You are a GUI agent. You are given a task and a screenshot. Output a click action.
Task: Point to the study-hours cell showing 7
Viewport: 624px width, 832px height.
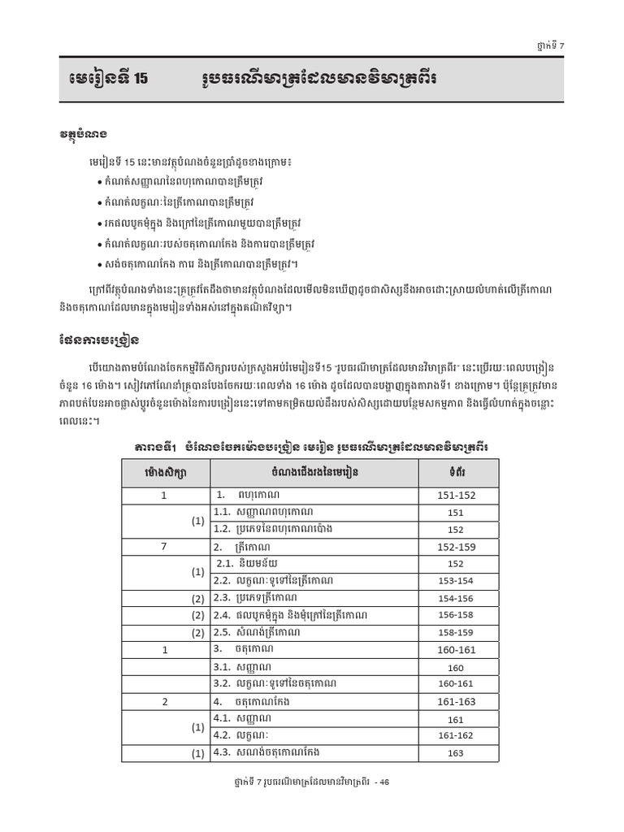164,547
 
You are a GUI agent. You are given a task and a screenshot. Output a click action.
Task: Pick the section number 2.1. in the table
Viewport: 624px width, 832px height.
225,563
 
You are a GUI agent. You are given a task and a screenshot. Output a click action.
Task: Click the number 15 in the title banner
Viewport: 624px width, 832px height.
140,80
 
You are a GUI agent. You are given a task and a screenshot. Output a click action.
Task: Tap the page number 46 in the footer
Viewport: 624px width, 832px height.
384,782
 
